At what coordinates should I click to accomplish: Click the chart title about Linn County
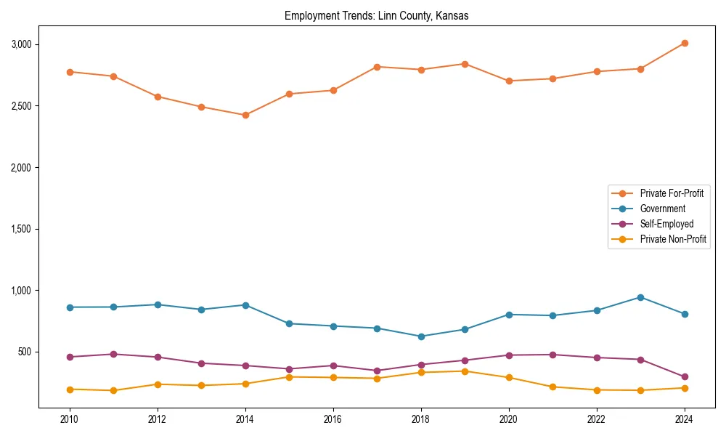pos(376,16)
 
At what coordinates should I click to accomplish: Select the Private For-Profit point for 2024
pos(685,44)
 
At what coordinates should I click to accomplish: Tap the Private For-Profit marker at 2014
pos(245,115)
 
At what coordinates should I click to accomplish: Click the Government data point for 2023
pos(640,297)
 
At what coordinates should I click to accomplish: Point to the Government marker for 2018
pos(421,336)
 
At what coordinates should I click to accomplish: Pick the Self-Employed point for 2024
pos(685,377)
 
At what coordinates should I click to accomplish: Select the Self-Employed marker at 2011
pos(113,355)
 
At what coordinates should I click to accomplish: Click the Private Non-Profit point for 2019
pos(465,371)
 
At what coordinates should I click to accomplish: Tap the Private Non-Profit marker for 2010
pos(70,389)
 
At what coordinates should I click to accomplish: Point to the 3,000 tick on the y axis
pos(21,44)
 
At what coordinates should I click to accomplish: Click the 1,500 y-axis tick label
pos(21,229)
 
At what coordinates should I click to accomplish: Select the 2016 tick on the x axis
pos(333,419)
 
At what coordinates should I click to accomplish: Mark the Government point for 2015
pos(289,323)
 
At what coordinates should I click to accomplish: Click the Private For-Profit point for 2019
pos(465,64)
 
